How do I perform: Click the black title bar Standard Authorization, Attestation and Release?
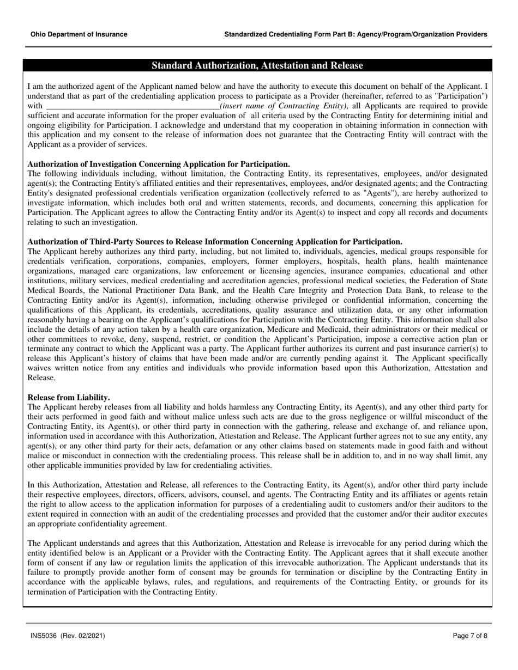(257, 66)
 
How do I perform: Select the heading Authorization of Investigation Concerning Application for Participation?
(158, 164)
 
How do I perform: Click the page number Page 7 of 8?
(470, 636)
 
